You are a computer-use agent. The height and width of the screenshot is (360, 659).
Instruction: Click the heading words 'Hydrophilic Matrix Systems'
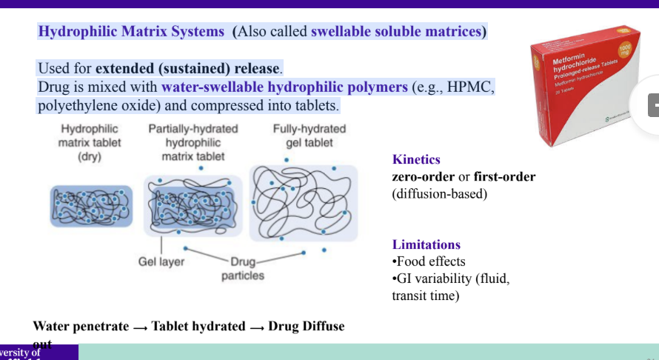coord(130,32)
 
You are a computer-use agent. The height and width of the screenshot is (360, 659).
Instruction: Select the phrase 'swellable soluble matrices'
coord(396,32)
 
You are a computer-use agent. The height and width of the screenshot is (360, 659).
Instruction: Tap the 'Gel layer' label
coord(161,261)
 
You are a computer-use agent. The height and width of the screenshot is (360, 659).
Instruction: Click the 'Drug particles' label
coord(242,269)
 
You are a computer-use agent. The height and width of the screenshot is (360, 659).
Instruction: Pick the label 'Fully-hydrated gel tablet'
coord(309,136)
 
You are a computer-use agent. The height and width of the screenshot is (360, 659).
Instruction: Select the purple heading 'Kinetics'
coord(416,159)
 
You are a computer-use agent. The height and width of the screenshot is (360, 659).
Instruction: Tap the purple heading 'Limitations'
coord(426,244)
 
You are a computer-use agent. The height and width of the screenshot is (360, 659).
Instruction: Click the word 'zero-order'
coord(423,177)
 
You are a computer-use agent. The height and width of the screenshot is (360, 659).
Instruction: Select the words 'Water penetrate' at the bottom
coord(78,326)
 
